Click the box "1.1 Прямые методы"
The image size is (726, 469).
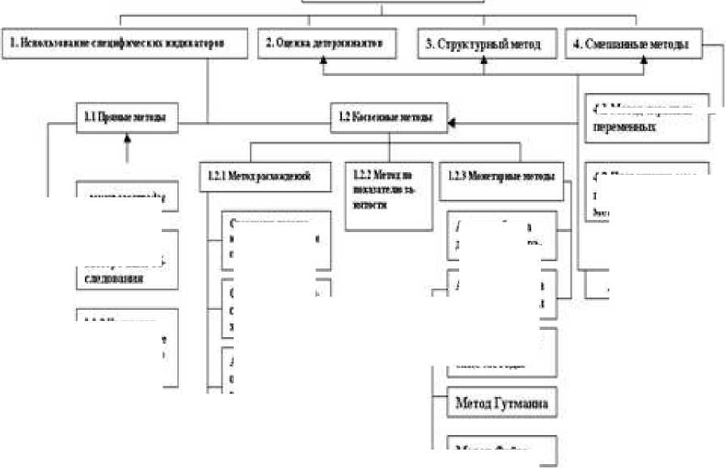click(128, 116)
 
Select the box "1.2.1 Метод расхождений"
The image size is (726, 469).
click(264, 175)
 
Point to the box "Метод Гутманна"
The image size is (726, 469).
click(502, 402)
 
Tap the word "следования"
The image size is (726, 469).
click(114, 279)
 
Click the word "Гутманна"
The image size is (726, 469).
click(523, 402)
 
